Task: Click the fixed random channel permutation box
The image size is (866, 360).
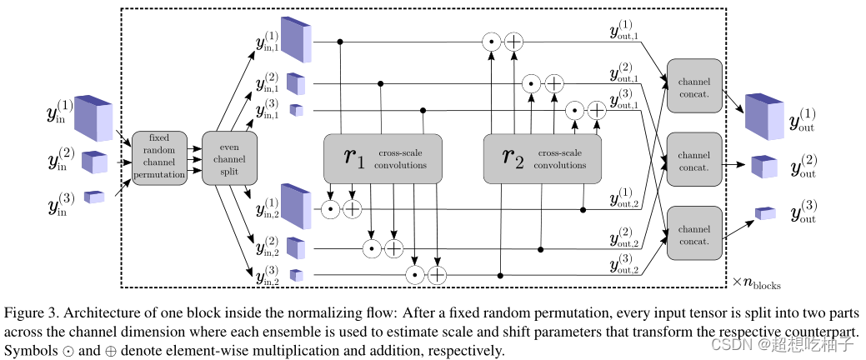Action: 159,157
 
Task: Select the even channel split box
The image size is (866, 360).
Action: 229,157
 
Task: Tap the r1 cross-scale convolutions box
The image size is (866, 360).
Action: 383,158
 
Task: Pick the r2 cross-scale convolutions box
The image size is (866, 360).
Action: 543,158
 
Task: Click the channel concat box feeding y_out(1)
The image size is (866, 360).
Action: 693,85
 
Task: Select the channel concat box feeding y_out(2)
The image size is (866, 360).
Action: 693,159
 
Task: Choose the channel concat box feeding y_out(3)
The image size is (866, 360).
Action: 693,233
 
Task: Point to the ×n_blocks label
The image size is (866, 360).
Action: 756,282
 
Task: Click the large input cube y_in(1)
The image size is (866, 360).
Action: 93,117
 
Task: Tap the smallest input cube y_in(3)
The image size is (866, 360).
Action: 94,197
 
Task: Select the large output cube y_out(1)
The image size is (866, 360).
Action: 764,117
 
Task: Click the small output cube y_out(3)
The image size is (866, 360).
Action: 765,213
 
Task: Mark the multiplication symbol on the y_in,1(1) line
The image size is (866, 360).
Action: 491,42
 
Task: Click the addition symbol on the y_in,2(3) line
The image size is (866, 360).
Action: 437,275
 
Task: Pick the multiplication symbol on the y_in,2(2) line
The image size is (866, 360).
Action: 372,249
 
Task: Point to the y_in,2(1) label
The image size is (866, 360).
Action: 267,207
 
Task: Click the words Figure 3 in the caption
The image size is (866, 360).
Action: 30,313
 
